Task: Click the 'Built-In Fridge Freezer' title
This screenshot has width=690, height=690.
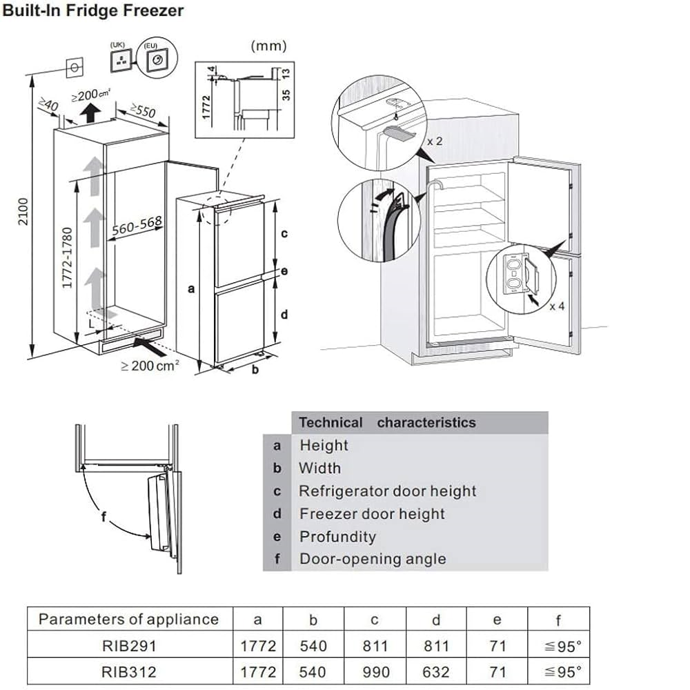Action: [x=94, y=12]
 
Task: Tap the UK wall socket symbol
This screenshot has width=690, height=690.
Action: [x=121, y=60]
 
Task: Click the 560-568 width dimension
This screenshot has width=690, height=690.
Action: [x=137, y=226]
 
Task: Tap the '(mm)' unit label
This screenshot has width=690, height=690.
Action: [x=268, y=46]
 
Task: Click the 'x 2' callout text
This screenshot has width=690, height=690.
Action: [x=434, y=141]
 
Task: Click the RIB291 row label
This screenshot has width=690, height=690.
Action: [x=128, y=646]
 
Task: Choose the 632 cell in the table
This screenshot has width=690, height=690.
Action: [x=435, y=671]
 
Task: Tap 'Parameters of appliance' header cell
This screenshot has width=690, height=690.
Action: [x=128, y=619]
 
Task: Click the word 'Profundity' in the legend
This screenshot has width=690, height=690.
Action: [x=337, y=536]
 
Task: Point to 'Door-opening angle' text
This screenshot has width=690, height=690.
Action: [x=372, y=559]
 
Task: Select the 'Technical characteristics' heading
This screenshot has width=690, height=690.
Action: [x=387, y=422]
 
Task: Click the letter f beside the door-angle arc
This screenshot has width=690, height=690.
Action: [x=103, y=517]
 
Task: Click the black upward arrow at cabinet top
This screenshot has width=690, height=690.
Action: [x=88, y=112]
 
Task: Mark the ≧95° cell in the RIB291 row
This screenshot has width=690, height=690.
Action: [x=558, y=646]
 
